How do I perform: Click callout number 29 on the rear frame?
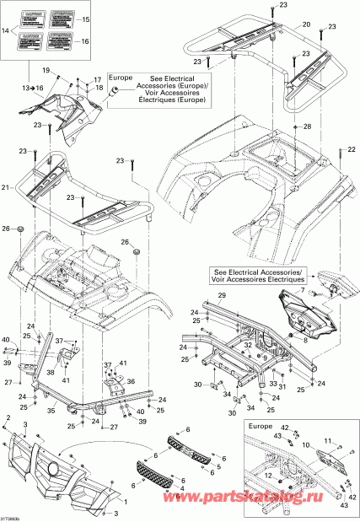pos(222,297)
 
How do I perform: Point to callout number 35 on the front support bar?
pos(51,411)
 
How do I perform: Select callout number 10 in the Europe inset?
pos(328,444)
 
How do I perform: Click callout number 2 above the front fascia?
pos(8,418)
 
